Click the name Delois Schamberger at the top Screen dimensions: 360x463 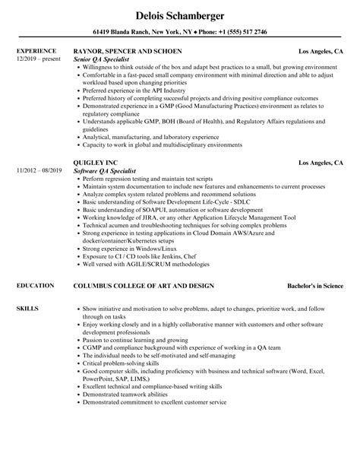click(179, 16)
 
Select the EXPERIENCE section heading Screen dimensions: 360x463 click(35, 52)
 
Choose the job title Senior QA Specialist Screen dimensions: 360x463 click(104, 59)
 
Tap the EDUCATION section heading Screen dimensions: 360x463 click(33, 285)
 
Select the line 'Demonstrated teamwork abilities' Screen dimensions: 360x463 click(126, 413)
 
